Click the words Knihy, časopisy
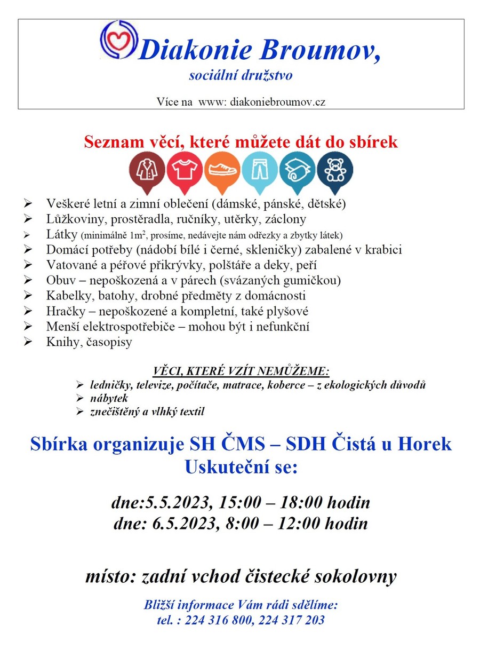click(89, 342)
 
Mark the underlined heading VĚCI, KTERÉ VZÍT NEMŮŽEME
click(241, 371)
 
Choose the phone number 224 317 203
click(291, 620)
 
